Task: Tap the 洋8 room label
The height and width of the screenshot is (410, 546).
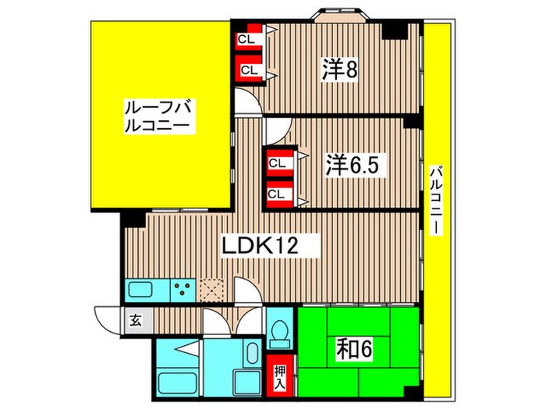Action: click(x=339, y=70)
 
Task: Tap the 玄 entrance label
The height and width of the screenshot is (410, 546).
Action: click(x=135, y=319)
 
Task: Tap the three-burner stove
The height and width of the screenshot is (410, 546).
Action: click(x=183, y=291)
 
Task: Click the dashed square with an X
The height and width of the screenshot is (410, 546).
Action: click(x=212, y=291)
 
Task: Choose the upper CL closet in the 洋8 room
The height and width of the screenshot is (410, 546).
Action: click(x=248, y=37)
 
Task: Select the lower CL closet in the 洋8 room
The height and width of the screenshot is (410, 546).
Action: click(x=248, y=70)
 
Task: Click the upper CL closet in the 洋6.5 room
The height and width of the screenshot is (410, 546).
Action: click(x=276, y=162)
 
